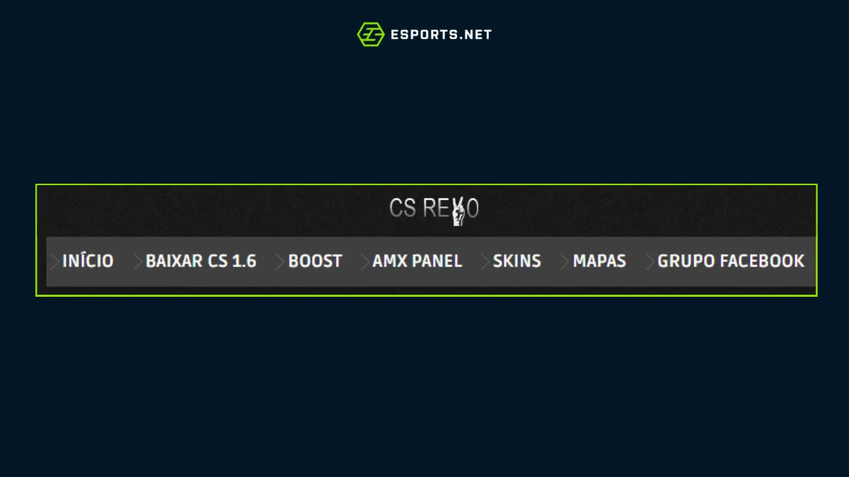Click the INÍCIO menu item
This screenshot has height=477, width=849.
click(88, 261)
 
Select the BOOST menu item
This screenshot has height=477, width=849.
click(315, 261)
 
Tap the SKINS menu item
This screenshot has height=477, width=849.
click(516, 261)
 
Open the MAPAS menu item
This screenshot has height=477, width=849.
click(599, 261)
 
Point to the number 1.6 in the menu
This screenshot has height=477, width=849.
click(243, 261)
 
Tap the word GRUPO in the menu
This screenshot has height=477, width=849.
click(682, 261)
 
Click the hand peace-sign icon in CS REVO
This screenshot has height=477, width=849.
click(458, 213)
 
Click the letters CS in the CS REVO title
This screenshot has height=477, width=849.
click(402, 208)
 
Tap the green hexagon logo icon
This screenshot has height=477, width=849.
click(370, 34)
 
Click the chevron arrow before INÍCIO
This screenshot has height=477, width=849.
click(54, 261)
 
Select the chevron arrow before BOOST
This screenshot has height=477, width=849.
click(280, 261)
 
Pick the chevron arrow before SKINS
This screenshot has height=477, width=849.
click(485, 261)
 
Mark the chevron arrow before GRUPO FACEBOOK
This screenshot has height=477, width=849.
click(649, 261)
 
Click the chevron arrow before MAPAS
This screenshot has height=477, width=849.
click(565, 261)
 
